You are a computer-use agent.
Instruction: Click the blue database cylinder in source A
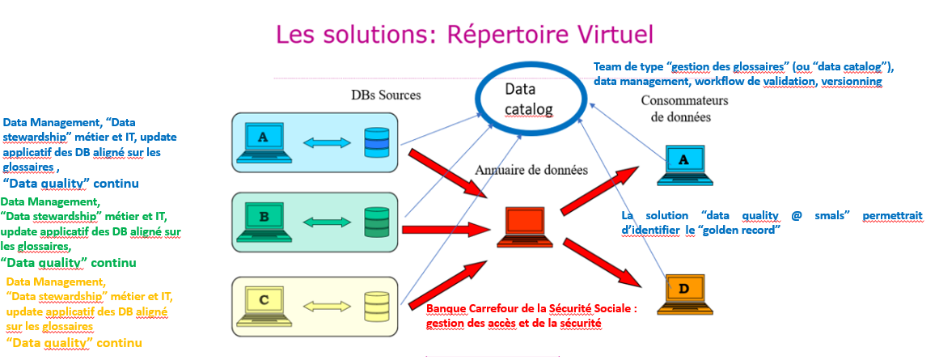tap(376, 142)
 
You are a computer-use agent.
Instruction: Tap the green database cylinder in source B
tap(376, 222)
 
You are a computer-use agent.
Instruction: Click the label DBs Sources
tap(385, 95)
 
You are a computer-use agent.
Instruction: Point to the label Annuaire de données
tap(531, 171)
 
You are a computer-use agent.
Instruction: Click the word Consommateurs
tap(684, 100)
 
